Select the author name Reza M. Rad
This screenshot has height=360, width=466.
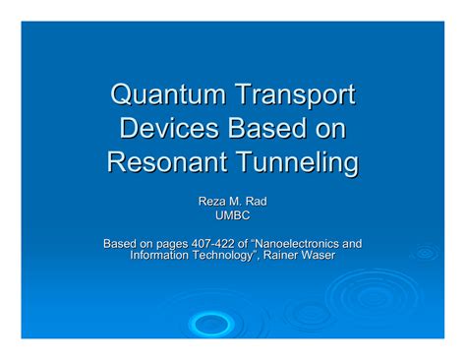pyautogui.click(x=232, y=202)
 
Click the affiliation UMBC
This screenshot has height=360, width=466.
pyautogui.click(x=232, y=215)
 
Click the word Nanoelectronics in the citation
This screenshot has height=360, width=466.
pyautogui.click(x=314, y=243)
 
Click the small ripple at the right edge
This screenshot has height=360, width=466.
pyautogui.click(x=426, y=253)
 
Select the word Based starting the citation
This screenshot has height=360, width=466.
pyautogui.click(x=122, y=243)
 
